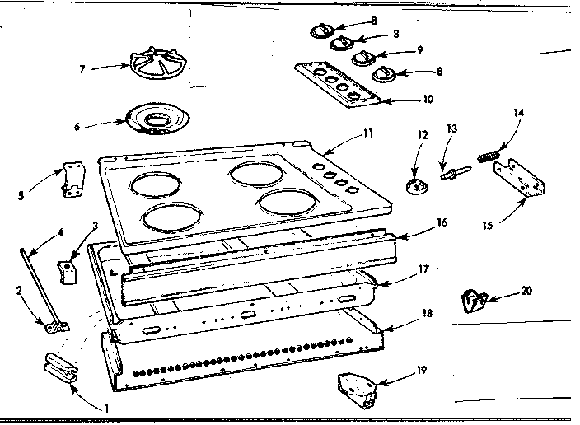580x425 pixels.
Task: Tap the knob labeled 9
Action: [363, 57]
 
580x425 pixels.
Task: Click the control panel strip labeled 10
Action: [339, 84]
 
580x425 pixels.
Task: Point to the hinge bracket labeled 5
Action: [73, 180]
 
